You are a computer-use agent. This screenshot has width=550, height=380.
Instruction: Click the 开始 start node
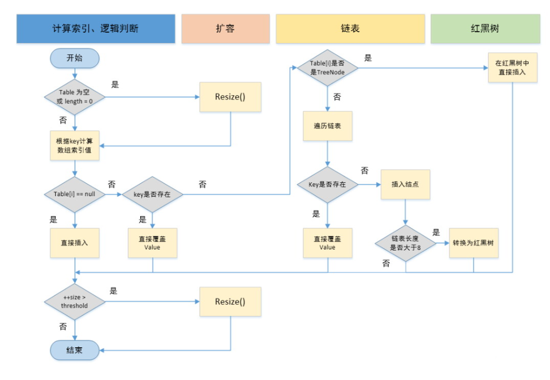click(x=75, y=58)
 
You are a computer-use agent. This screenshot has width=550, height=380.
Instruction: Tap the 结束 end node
click(x=75, y=350)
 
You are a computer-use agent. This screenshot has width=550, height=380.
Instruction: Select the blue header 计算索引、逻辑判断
click(x=96, y=28)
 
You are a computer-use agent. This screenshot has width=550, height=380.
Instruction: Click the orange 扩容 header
click(x=225, y=28)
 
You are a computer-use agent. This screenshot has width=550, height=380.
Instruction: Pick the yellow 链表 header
click(x=351, y=28)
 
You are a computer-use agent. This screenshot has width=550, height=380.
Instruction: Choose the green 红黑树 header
click(x=484, y=28)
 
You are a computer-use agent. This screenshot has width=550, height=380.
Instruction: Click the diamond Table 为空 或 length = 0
click(x=75, y=97)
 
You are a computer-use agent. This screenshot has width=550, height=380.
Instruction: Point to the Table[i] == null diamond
click(x=75, y=194)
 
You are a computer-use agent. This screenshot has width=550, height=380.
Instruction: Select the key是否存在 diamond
click(x=152, y=194)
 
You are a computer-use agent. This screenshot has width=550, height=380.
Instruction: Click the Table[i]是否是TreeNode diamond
click(x=328, y=68)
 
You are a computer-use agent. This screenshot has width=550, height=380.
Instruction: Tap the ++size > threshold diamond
click(x=75, y=301)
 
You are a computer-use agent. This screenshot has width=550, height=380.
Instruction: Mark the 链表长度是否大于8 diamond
click(x=406, y=243)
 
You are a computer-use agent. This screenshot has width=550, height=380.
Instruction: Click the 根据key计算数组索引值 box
click(x=75, y=146)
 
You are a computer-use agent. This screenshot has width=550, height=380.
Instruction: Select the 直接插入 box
click(x=75, y=243)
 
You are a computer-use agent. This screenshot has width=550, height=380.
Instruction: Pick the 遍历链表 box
click(x=328, y=126)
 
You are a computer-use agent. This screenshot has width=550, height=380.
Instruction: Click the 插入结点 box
click(x=406, y=184)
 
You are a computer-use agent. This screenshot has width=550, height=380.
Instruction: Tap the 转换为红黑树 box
click(x=473, y=243)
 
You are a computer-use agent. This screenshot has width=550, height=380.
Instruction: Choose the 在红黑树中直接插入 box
click(x=512, y=67)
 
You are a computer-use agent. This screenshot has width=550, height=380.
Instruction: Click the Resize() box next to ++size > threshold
click(x=230, y=302)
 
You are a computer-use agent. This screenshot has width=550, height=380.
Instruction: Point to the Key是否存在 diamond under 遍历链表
click(x=328, y=184)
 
